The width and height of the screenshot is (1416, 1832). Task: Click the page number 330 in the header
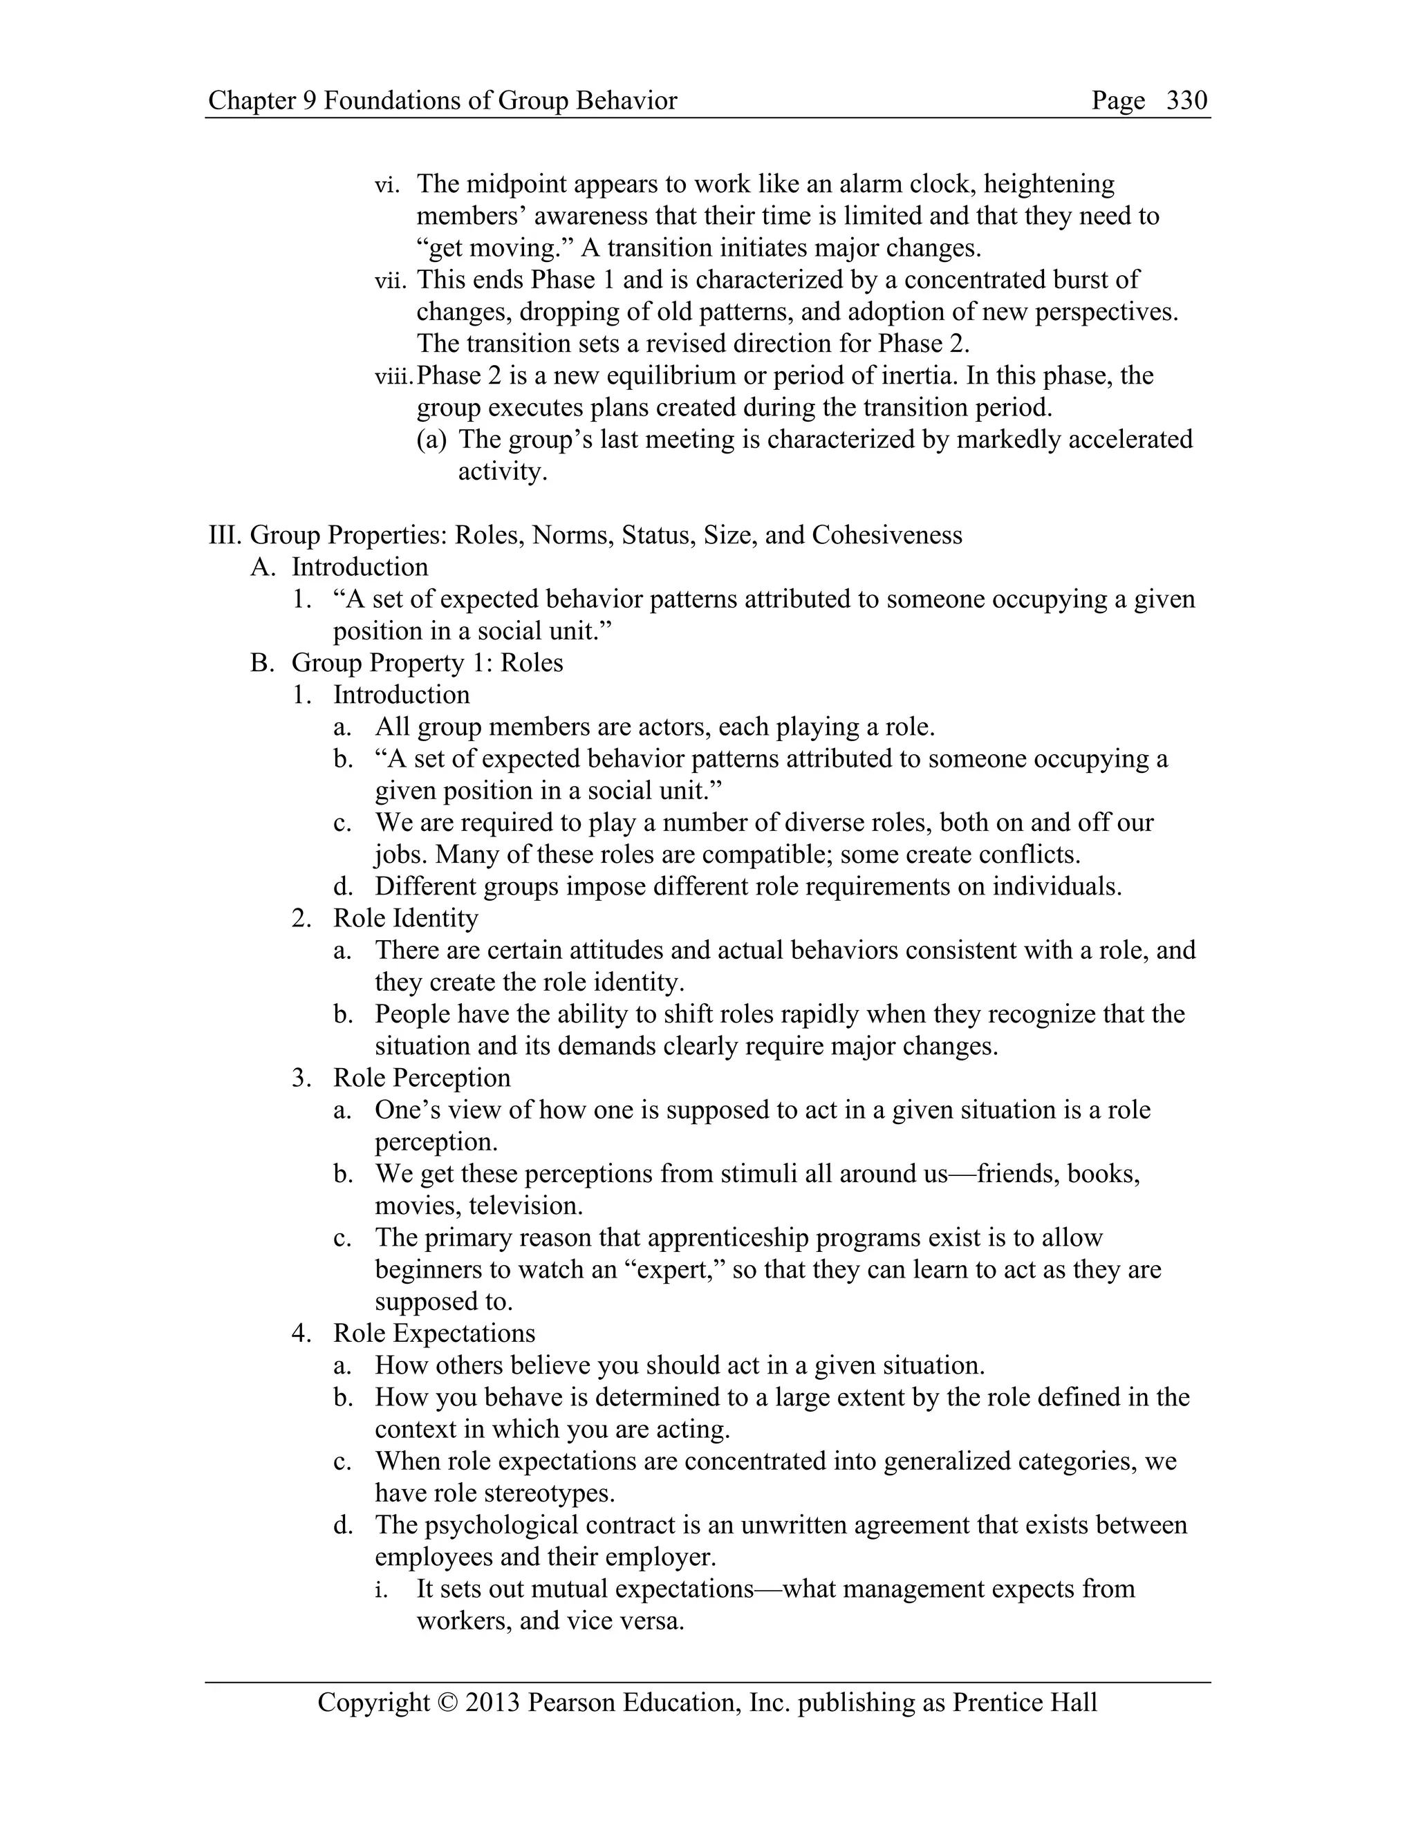point(1186,101)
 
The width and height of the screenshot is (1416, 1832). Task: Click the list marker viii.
point(394,376)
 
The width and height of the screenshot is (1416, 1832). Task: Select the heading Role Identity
point(405,919)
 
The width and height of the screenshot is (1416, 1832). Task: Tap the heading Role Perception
point(421,1078)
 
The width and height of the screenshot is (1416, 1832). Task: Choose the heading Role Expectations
point(434,1334)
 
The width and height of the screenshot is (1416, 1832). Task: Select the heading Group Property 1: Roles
point(427,663)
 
